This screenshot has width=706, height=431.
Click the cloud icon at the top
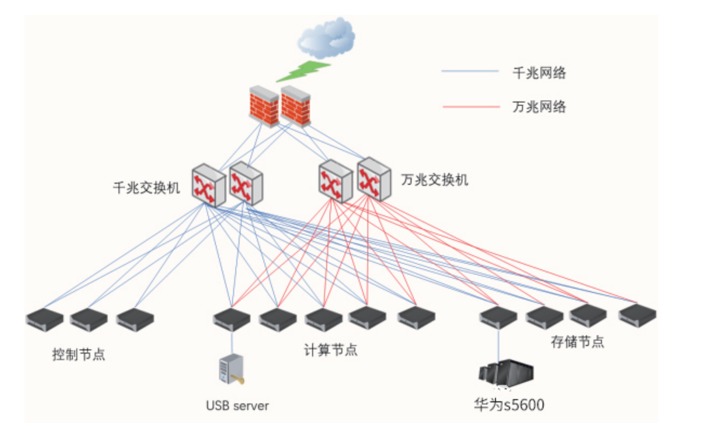tap(327, 38)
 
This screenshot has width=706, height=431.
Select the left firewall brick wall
tap(264, 106)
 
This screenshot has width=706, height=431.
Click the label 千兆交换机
tap(146, 188)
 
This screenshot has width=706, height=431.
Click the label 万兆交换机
tap(434, 180)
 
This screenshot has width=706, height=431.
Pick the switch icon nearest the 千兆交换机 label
tap(209, 185)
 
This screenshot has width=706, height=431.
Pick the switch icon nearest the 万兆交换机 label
tap(374, 179)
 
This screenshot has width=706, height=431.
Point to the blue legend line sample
tap(470, 71)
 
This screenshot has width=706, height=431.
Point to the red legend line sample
tap(471, 106)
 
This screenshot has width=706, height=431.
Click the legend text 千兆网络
tap(539, 73)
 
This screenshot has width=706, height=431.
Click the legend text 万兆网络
tap(539, 106)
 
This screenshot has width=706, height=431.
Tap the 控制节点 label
tap(78, 354)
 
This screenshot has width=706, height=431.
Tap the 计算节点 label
tap(330, 350)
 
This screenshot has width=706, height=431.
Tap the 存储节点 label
tap(577, 342)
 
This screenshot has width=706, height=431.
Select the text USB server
tap(237, 405)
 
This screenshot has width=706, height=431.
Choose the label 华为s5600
tap(509, 405)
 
